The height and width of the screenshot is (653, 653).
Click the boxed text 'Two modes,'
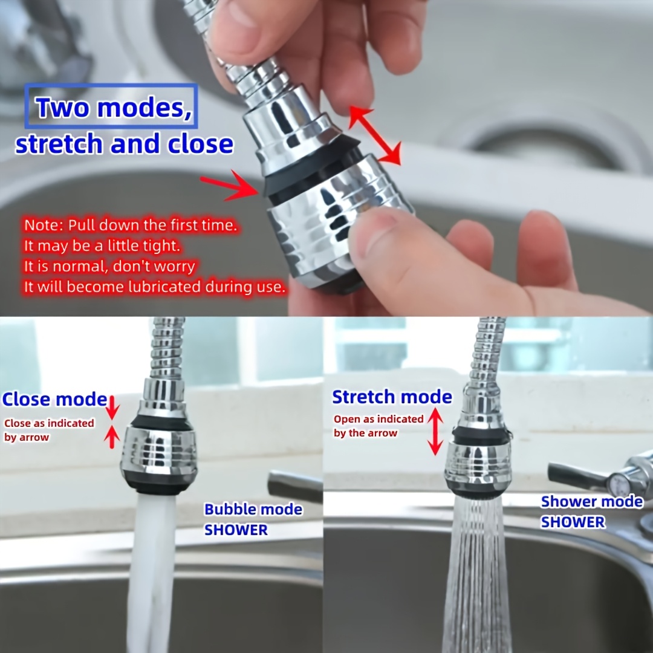pos(111,107)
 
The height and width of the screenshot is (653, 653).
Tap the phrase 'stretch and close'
pos(124,144)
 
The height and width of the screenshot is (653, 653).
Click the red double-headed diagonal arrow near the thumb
pos(374,136)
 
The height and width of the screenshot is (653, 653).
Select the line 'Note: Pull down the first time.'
pos(131,226)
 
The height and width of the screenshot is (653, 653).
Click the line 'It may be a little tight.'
pos(102,246)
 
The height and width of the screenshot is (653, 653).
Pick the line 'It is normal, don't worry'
pos(109,266)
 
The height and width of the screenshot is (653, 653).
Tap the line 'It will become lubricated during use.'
pos(154,287)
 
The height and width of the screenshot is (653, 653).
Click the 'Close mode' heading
pos(54,400)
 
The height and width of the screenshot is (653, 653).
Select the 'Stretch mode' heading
pos(392,397)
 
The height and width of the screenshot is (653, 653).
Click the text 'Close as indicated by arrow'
pos(48,430)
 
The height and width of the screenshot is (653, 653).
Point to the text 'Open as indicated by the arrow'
pos(378,426)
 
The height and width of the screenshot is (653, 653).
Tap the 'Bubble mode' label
pos(253,509)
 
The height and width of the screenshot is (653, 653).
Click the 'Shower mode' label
pos(592,501)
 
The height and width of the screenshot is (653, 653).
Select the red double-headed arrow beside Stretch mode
pos(435,432)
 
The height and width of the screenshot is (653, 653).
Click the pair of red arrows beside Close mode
pos(111,421)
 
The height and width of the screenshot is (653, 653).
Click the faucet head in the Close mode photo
pos(158,450)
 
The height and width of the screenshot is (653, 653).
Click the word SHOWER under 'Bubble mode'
pos(236,530)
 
